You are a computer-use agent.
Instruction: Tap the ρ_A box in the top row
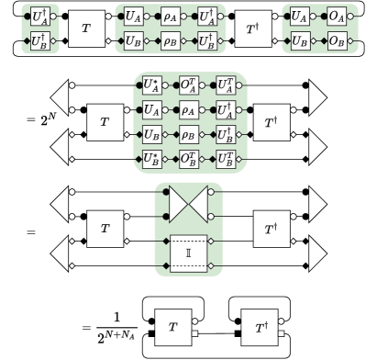click(x=172, y=17)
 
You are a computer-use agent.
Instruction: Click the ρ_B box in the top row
click(x=172, y=41)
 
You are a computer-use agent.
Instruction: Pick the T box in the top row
click(x=86, y=29)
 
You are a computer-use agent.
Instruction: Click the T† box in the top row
click(x=251, y=29)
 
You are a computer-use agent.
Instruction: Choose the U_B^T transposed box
click(x=225, y=157)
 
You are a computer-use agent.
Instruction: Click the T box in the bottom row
click(x=172, y=326)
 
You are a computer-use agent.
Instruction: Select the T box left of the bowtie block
click(x=105, y=226)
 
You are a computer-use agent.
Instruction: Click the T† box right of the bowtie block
click(x=272, y=226)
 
